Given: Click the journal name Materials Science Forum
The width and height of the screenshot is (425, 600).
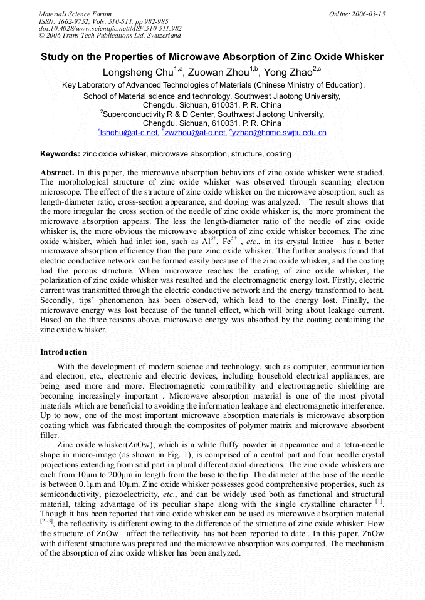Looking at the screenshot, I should pyautogui.click(x=75, y=14).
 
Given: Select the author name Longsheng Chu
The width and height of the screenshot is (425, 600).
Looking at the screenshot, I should pyautogui.click(x=137, y=73).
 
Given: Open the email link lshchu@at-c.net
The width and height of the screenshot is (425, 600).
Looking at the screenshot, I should pyautogui.click(x=129, y=133).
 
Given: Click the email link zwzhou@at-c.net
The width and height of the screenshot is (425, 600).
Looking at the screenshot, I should pyautogui.click(x=195, y=133).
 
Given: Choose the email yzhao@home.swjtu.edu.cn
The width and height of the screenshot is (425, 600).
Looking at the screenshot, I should pyautogui.click(x=280, y=133).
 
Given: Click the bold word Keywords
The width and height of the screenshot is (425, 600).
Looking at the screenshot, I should pyautogui.click(x=60, y=154).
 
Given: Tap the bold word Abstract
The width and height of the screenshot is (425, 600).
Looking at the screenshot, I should pyautogui.click(x=57, y=172).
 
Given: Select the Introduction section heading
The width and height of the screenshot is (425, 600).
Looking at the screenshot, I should pyautogui.click(x=63, y=352).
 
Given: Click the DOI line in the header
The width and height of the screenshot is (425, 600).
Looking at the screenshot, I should pyautogui.click(x=110, y=28).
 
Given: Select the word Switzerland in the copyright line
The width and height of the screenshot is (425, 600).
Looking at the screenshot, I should pyautogui.click(x=160, y=36).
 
